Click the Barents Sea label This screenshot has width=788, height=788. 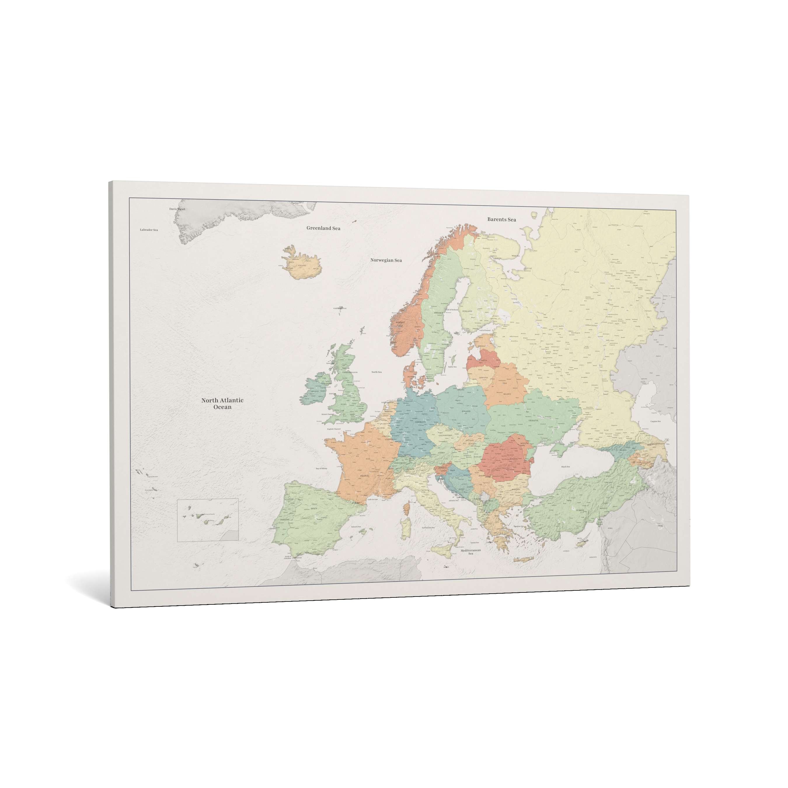[501, 219]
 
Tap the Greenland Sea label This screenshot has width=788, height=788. [323, 228]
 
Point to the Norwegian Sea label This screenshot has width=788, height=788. [386, 260]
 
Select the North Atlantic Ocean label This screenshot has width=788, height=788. [222, 403]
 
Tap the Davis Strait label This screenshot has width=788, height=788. [177, 209]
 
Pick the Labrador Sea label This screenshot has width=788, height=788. [149, 230]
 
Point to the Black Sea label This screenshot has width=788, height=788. [565, 467]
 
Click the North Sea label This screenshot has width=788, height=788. [376, 372]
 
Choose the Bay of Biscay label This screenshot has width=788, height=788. [321, 469]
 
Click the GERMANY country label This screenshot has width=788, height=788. [420, 422]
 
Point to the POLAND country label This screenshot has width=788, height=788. [466, 412]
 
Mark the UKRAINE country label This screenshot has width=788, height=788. [534, 420]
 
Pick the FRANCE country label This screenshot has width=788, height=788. [364, 476]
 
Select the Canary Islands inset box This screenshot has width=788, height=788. [208, 520]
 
